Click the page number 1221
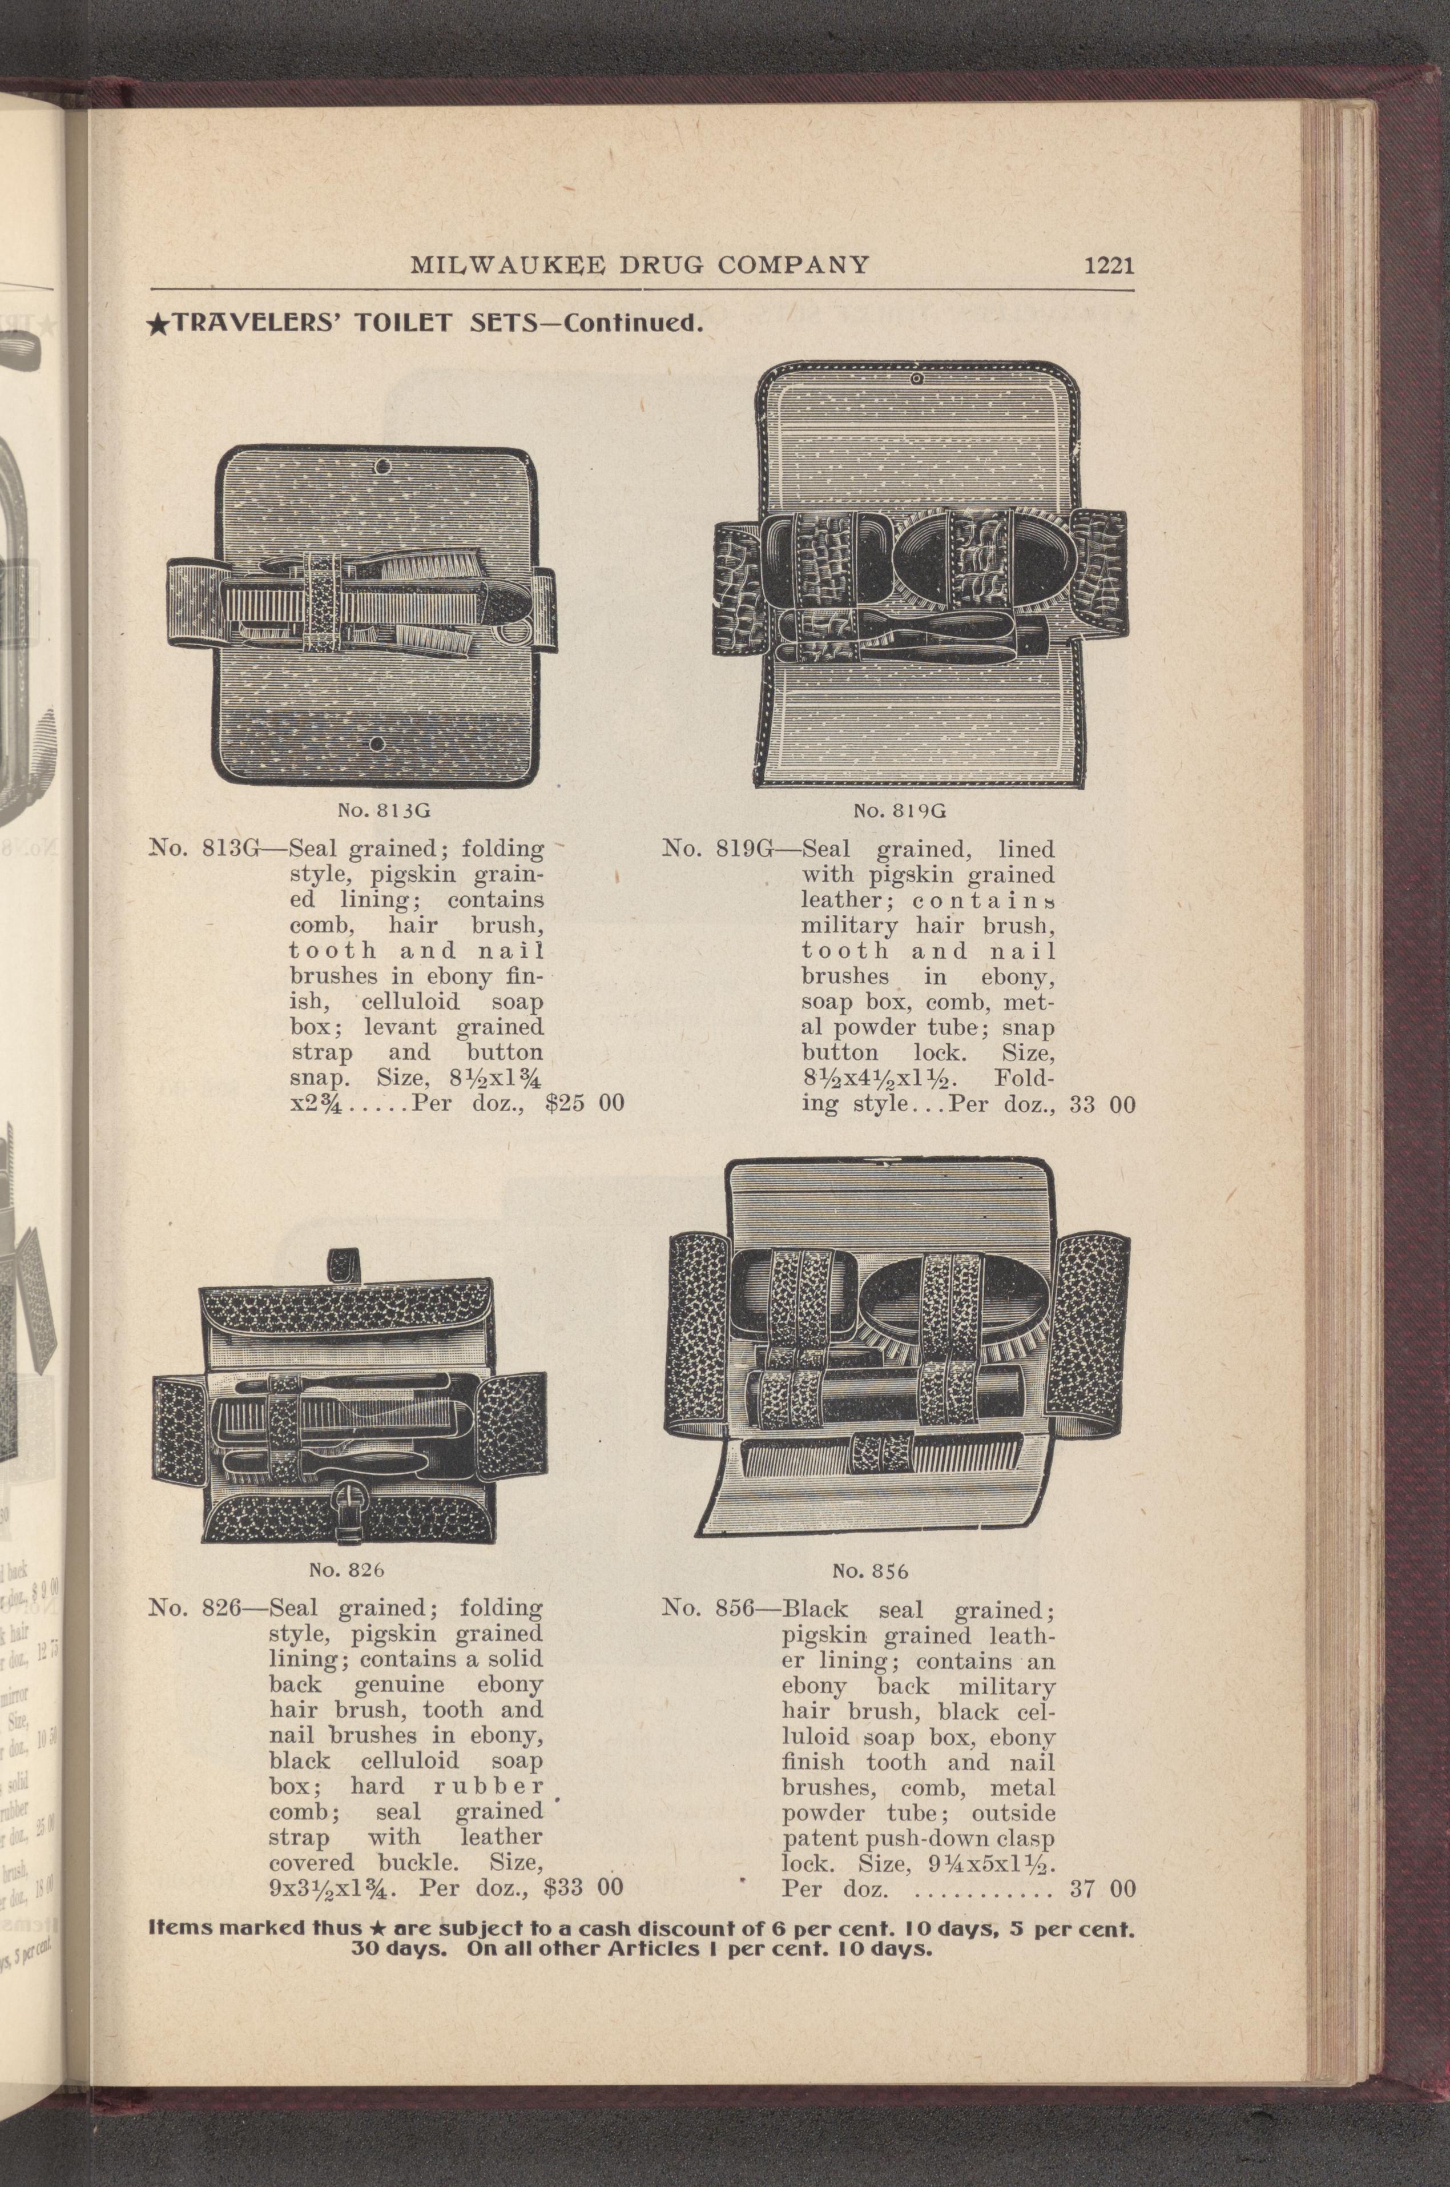tap(1108, 266)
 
